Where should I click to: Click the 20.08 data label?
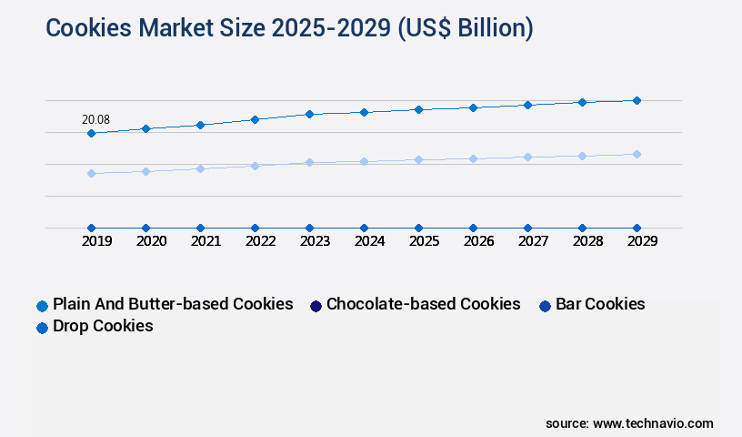pyautogui.click(x=95, y=119)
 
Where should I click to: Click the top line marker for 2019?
pyautogui.click(x=91, y=133)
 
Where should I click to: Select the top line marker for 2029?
pyautogui.click(x=637, y=100)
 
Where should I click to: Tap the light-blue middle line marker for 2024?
pyautogui.click(x=364, y=161)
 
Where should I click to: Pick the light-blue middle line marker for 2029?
pyautogui.click(x=637, y=154)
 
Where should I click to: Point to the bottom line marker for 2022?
pyautogui.click(x=255, y=228)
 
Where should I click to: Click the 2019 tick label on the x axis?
pyautogui.click(x=96, y=241)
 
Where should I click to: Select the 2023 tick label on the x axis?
pyautogui.click(x=315, y=241)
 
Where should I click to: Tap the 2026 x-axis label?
pyautogui.click(x=478, y=241)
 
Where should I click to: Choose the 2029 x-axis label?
pyautogui.click(x=642, y=241)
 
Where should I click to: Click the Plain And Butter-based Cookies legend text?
pyautogui.click(x=173, y=304)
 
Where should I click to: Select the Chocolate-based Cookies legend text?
pyautogui.click(x=423, y=304)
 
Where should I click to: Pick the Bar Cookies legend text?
pyautogui.click(x=600, y=304)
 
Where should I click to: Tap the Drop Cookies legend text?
pyautogui.click(x=103, y=326)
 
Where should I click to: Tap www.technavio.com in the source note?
pyautogui.click(x=653, y=423)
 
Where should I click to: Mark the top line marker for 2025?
pyautogui.click(x=418, y=109)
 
